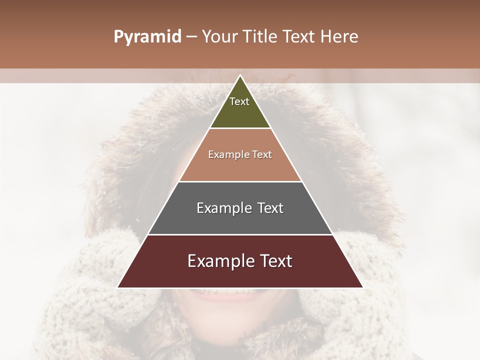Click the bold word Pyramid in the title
pyautogui.click(x=147, y=37)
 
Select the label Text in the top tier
pyautogui.click(x=239, y=101)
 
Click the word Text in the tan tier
pyautogui.click(x=262, y=154)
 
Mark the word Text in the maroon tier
pyautogui.click(x=275, y=261)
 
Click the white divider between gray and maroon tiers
pyautogui.click(x=240, y=234)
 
